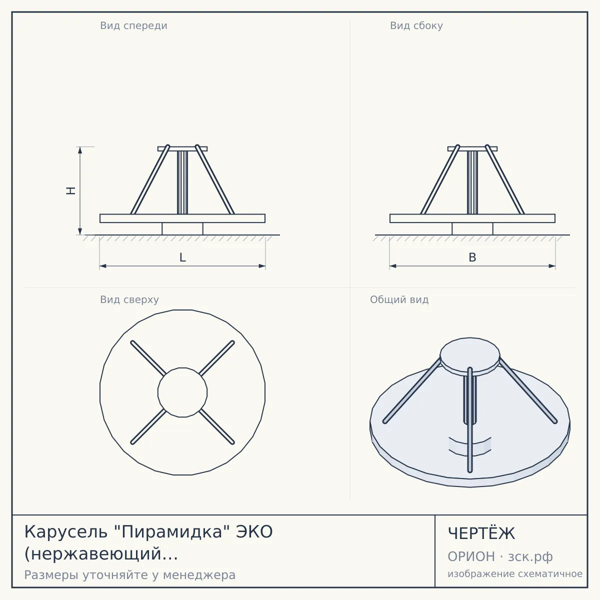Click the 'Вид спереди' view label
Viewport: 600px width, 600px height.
pyautogui.click(x=133, y=25)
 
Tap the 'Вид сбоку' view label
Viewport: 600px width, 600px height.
pyautogui.click(x=416, y=25)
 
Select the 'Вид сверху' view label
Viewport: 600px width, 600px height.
pyautogui.click(x=129, y=299)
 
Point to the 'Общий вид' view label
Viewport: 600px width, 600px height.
pyautogui.click(x=399, y=299)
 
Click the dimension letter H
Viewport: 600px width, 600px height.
pyautogui.click(x=71, y=190)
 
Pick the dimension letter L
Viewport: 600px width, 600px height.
pyautogui.click(x=183, y=257)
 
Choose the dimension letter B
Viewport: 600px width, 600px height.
pyautogui.click(x=472, y=257)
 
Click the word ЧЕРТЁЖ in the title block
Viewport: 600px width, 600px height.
pyautogui.click(x=481, y=533)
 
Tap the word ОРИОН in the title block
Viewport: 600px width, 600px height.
pyautogui.click(x=471, y=556)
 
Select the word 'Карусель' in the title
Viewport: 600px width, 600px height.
pyautogui.click(x=65, y=532)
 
